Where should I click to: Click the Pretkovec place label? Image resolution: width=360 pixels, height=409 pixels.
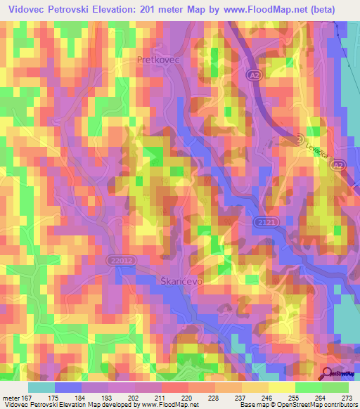pos(158,61)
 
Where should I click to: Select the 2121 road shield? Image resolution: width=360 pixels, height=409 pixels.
pos(262,222)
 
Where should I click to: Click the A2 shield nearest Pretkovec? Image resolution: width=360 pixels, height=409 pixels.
pos(255,73)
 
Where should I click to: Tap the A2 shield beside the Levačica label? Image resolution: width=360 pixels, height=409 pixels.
pos(340,164)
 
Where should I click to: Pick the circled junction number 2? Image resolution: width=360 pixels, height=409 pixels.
pos(300,138)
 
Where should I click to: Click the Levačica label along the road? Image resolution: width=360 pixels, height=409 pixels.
pos(316,150)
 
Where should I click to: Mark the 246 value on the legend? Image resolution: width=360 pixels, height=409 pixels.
pos(266,397)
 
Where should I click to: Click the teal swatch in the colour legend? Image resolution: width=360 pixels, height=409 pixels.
pos(41,387)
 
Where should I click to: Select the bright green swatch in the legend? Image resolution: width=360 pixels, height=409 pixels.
pos(335,387)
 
